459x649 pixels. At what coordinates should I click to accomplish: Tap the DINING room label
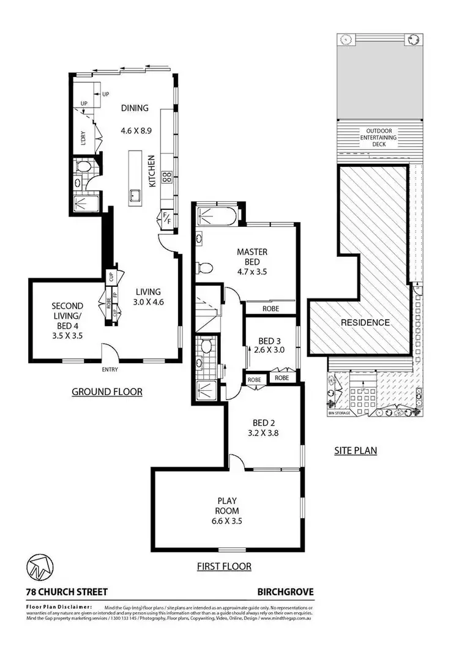point(135,108)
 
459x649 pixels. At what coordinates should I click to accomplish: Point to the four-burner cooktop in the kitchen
point(166,177)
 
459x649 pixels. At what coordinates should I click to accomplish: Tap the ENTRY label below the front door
point(110,369)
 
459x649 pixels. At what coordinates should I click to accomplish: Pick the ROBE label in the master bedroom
point(270,309)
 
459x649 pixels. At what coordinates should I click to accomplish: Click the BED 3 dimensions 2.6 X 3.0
point(271,351)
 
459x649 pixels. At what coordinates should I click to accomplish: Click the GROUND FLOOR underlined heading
point(107,391)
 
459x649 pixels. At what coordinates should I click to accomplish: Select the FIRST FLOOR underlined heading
point(224,566)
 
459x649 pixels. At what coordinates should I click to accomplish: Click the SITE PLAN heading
point(355,451)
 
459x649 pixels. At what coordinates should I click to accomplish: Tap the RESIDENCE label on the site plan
point(365,322)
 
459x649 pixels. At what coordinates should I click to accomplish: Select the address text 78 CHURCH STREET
point(67,592)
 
